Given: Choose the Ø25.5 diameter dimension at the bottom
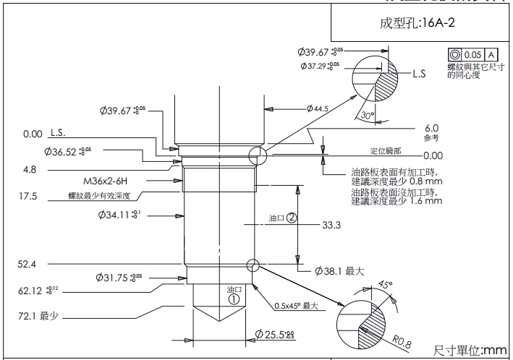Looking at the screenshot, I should (x=274, y=334).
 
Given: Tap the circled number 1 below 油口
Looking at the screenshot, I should (x=234, y=298).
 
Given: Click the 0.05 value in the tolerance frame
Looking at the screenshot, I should (x=472, y=55).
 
